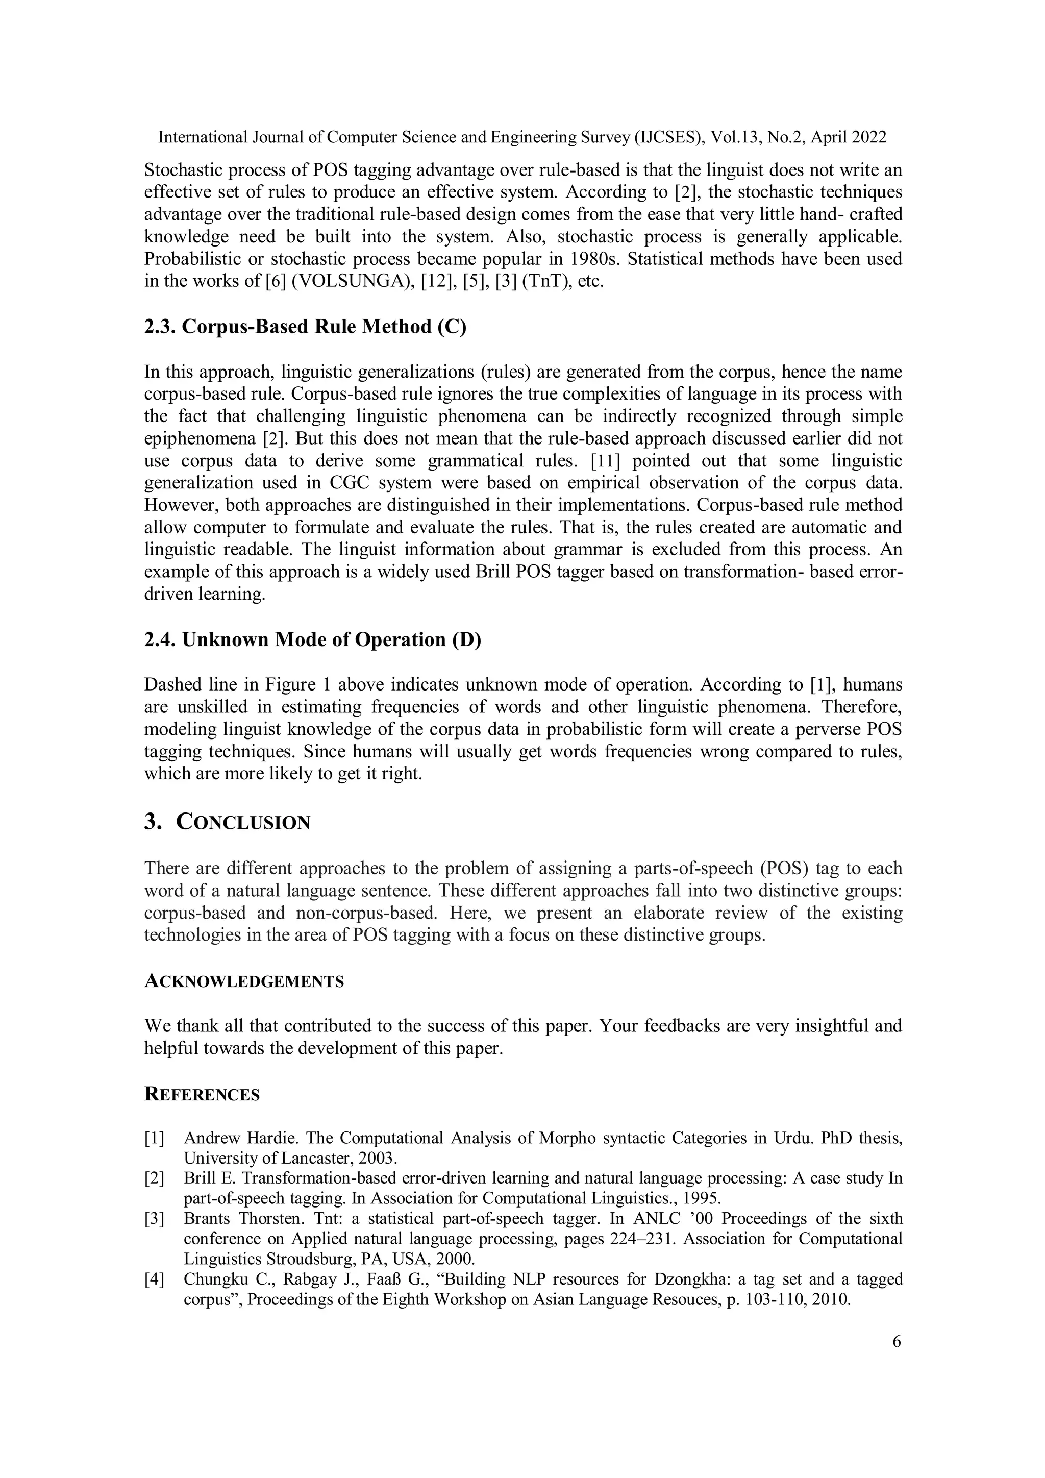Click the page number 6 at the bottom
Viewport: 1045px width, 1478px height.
pyautogui.click(x=897, y=1342)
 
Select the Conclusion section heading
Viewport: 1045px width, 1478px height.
pyautogui.click(x=227, y=822)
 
